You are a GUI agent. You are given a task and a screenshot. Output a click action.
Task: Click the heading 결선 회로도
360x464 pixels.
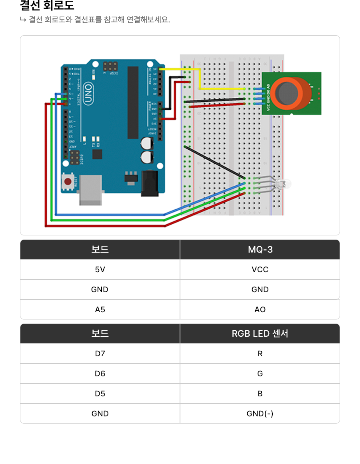click(x=47, y=6)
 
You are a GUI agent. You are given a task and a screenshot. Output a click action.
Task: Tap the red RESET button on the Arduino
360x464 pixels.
click(x=68, y=182)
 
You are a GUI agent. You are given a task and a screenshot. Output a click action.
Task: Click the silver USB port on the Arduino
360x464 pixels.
click(x=90, y=190)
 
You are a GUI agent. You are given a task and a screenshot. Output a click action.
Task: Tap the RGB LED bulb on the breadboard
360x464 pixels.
click(x=285, y=184)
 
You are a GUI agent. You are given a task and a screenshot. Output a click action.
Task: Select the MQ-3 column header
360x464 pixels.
click(x=260, y=249)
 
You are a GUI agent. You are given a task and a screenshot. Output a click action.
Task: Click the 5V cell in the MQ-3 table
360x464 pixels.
click(x=100, y=269)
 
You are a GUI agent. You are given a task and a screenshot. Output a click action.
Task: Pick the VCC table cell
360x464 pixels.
click(x=260, y=269)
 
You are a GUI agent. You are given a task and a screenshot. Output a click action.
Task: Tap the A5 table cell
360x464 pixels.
click(x=100, y=309)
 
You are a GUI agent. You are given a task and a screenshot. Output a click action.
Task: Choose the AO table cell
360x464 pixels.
click(x=260, y=309)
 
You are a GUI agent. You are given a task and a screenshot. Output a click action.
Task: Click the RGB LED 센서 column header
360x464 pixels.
click(x=260, y=333)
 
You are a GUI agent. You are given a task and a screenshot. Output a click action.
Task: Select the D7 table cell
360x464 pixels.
click(x=100, y=354)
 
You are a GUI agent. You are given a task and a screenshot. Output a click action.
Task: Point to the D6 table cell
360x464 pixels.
click(x=100, y=374)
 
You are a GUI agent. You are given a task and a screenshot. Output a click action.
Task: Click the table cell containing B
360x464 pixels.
click(x=260, y=394)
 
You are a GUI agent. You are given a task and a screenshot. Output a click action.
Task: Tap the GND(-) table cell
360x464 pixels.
click(x=260, y=414)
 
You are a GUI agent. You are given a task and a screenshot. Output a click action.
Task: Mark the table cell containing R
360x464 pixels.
click(x=260, y=354)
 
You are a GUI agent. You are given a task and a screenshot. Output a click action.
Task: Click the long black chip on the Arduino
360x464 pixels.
click(x=133, y=103)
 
